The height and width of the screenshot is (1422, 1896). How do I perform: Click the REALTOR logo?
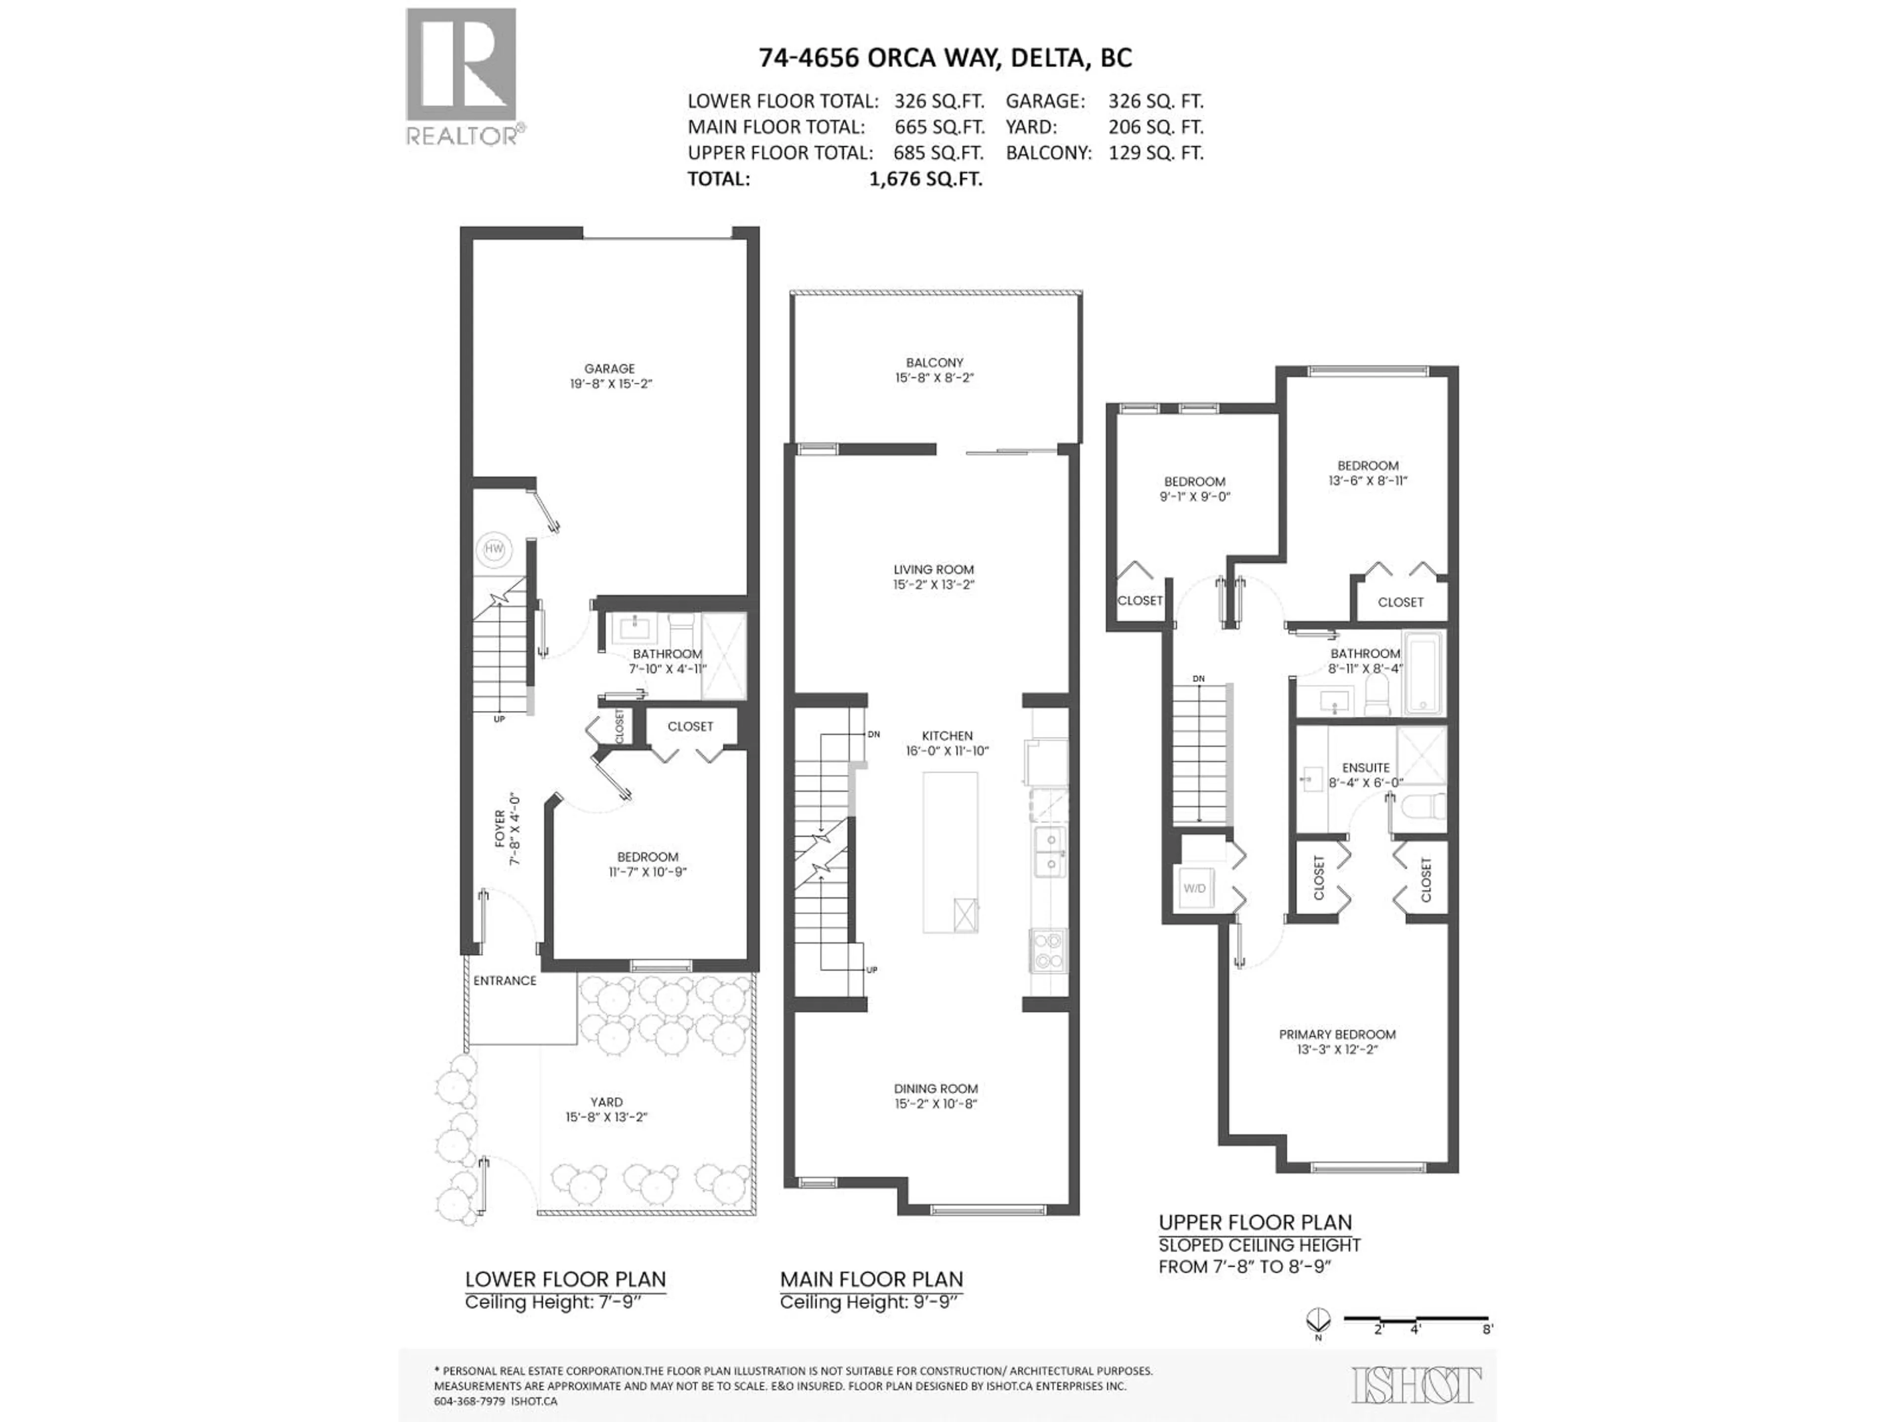[462, 77]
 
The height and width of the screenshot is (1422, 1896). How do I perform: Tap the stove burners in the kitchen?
[1047, 949]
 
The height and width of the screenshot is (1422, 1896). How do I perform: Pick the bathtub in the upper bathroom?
[1424, 673]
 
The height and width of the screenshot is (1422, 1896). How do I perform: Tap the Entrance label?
[505, 981]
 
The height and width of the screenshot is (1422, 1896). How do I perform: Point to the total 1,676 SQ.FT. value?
[926, 178]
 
